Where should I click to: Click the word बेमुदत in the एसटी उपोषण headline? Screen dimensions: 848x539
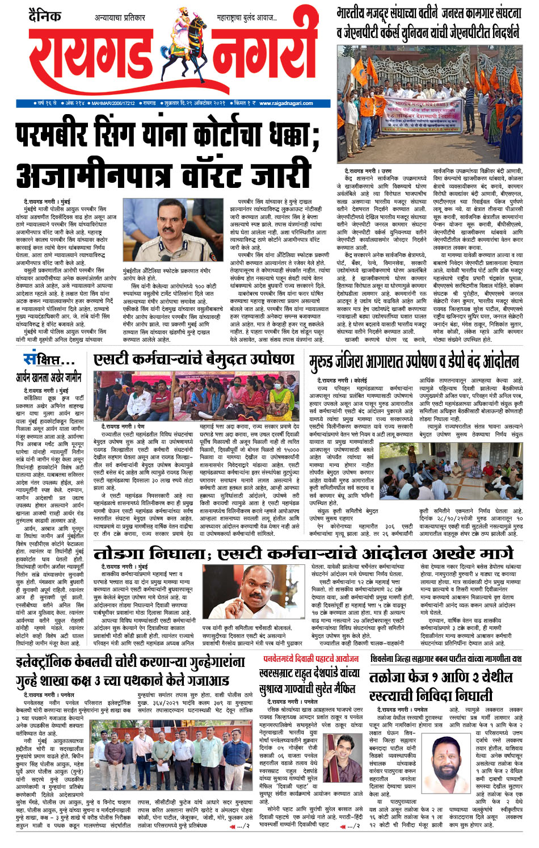click(217, 359)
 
